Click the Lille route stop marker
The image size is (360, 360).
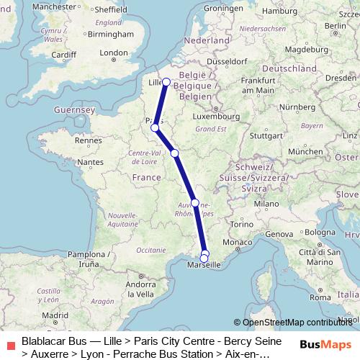166,81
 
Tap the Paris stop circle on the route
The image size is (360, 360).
155,127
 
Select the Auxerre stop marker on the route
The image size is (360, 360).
175,153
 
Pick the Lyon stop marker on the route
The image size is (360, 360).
195,202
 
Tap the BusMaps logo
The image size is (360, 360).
325,344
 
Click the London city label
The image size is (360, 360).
114,53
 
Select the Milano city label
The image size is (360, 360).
265,204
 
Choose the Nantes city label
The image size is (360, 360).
92,163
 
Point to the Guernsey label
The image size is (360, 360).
74,109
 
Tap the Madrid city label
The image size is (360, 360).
54,315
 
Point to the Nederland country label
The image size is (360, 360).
206,41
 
